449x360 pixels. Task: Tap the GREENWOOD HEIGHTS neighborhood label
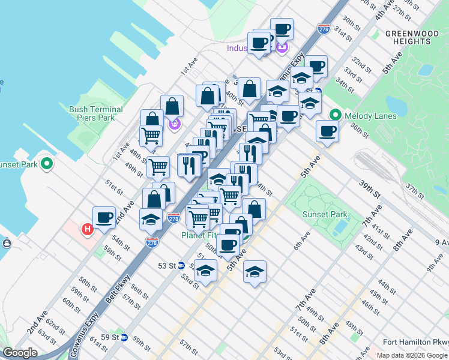408,37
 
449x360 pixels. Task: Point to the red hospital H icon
88,229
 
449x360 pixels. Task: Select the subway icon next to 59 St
124,338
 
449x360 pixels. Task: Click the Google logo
20,353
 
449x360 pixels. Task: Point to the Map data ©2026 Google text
411,355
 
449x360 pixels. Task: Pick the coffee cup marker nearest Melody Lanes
327,130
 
